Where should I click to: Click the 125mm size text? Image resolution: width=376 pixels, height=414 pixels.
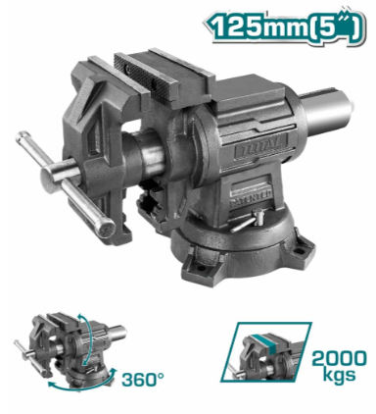click(x=258, y=26)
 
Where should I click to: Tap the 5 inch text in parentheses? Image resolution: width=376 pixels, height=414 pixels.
click(x=335, y=26)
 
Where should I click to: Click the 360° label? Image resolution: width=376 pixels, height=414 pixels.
click(x=143, y=380)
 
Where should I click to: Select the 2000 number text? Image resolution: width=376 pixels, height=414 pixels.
click(x=339, y=359)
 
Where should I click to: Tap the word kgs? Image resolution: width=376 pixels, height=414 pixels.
click(x=339, y=374)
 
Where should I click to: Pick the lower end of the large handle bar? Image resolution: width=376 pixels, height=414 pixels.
click(x=104, y=227)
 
